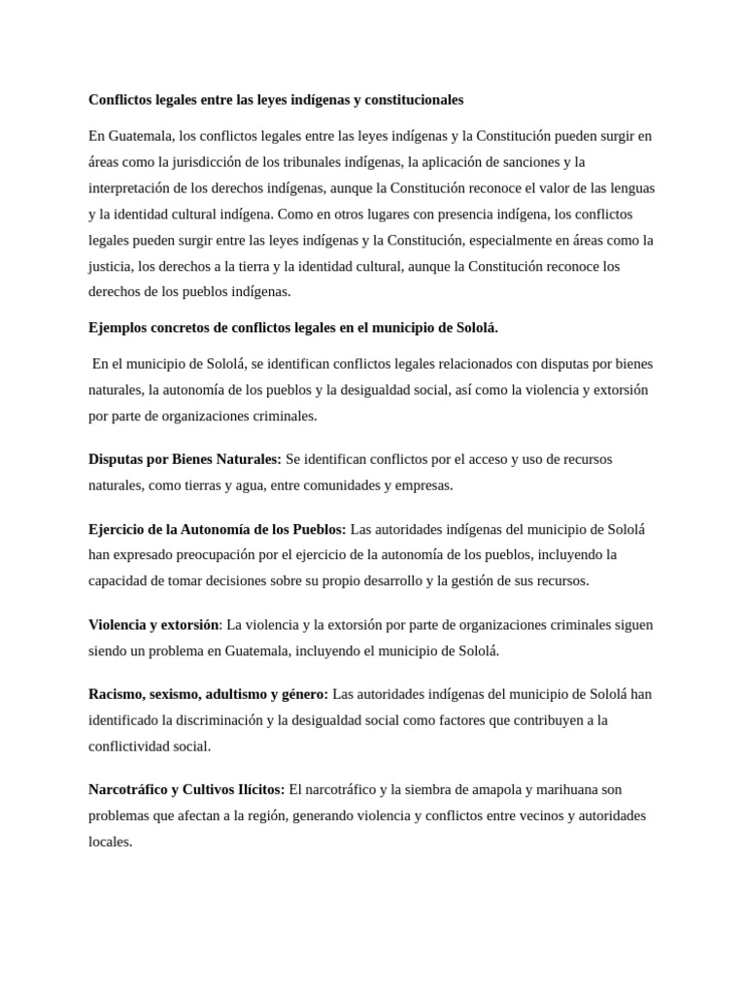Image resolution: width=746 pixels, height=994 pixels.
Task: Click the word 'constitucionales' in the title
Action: click(x=413, y=100)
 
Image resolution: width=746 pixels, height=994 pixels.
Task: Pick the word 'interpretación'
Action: click(x=130, y=187)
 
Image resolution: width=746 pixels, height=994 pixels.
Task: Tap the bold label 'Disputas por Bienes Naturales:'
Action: click(x=185, y=459)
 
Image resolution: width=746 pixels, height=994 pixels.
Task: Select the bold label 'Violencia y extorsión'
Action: click(x=153, y=625)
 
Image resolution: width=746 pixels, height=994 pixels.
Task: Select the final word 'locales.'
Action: click(x=110, y=842)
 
